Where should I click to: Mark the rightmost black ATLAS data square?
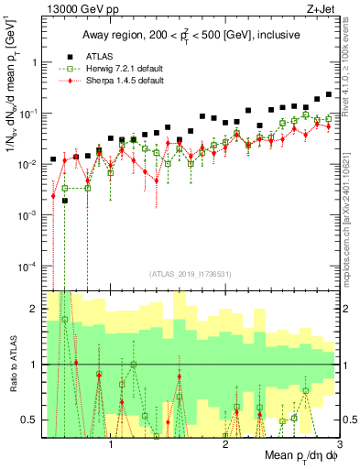coord(329,94)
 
